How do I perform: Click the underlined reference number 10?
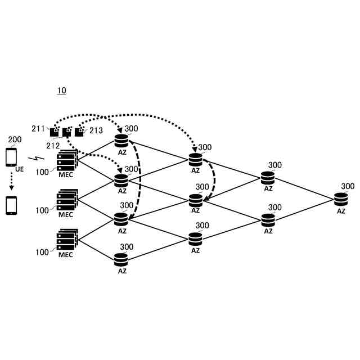pos(62,91)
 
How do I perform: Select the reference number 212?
pos(53,146)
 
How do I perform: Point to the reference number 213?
pos(96,130)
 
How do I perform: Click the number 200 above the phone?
pos(12,139)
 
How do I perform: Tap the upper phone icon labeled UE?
pos(11,157)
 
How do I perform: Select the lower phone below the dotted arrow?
pos(11,205)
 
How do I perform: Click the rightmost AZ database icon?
pos(341,199)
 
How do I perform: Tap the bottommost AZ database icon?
pos(121,260)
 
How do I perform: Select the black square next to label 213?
pos(80,132)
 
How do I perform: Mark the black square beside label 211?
pos(55,132)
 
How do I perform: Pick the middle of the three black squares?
pos(67,132)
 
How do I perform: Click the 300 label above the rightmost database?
pos(348,187)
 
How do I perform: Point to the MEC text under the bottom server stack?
pos(66,254)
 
